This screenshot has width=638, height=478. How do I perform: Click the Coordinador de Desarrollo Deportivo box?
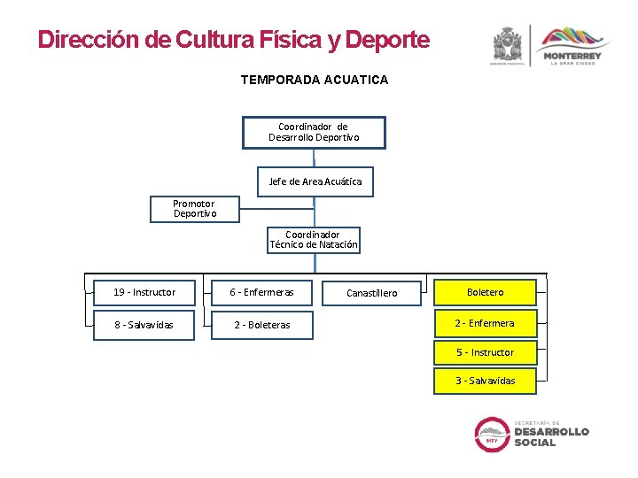314,132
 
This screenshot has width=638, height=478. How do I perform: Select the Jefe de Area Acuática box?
315,181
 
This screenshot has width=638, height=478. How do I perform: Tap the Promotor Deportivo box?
194,209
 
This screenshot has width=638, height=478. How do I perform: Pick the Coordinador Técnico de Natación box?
314,240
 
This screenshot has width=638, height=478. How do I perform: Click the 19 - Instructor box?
144,292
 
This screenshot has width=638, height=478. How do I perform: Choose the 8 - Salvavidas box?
144,325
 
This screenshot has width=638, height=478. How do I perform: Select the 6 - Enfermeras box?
261,292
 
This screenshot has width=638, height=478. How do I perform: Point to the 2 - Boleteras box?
261,325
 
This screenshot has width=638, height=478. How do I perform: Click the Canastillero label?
371,293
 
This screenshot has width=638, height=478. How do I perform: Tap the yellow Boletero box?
485,292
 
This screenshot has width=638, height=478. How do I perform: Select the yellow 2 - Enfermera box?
485,323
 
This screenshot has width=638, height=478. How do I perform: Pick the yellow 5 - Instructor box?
485,352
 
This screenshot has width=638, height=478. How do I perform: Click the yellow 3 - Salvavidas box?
485,381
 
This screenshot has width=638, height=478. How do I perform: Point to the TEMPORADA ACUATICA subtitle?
314,80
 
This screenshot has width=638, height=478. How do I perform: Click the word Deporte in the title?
387,40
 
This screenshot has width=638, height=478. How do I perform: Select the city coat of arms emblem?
508,44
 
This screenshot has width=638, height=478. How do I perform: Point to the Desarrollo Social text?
551,435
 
